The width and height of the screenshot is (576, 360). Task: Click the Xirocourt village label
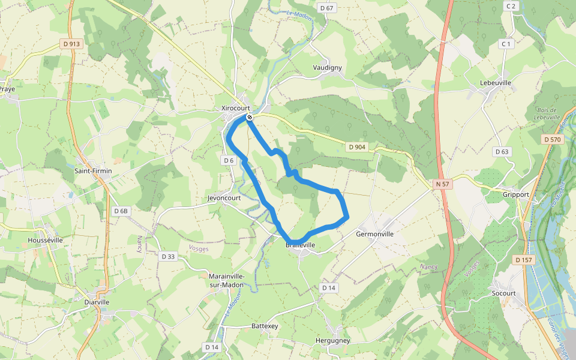click(x=235, y=108)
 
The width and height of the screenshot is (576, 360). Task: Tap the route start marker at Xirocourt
click(x=249, y=117)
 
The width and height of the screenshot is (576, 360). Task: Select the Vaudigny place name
click(x=327, y=68)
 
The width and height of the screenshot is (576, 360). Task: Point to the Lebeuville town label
click(x=495, y=83)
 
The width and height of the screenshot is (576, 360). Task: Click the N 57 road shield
click(x=442, y=184)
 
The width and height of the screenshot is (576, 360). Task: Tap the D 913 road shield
click(x=71, y=44)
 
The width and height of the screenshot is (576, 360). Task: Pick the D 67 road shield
click(x=326, y=8)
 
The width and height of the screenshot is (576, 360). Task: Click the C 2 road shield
click(x=511, y=6)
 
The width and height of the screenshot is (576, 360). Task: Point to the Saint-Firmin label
click(x=93, y=171)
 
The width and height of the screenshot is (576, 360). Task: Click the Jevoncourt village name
click(x=224, y=198)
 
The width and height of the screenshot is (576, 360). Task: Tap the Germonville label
click(x=374, y=234)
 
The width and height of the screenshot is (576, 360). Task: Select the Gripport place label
click(x=516, y=194)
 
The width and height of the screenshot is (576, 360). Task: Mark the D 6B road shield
click(x=121, y=211)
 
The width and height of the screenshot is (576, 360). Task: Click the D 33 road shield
click(x=168, y=256)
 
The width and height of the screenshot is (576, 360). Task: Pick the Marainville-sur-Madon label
click(x=227, y=280)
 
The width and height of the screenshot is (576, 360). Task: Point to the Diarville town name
click(x=97, y=302)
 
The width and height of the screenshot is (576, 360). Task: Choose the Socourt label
click(x=503, y=293)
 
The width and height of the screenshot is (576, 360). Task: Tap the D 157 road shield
click(x=523, y=260)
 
